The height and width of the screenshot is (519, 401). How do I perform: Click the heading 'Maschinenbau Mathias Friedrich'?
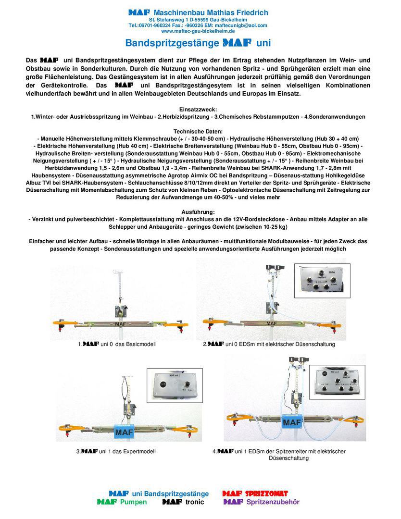click(211, 12)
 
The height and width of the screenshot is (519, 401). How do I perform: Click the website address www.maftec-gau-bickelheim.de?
click(198, 31)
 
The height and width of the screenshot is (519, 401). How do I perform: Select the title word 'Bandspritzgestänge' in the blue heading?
click(172, 43)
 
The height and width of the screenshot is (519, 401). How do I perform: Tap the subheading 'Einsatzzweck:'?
click(198, 110)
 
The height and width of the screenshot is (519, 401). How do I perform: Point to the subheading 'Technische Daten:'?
click(198, 131)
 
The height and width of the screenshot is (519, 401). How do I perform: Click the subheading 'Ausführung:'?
click(198, 212)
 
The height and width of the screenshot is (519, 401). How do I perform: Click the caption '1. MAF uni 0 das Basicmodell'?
click(117, 344)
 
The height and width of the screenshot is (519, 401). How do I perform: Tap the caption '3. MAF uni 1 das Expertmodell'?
click(116, 451)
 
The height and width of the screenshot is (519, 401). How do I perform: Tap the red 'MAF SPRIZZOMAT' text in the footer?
click(255, 494)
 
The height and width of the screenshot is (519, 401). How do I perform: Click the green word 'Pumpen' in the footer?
click(133, 502)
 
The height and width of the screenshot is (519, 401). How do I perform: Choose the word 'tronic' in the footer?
click(195, 502)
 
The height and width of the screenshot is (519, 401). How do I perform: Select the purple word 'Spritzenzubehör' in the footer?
click(273, 502)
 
